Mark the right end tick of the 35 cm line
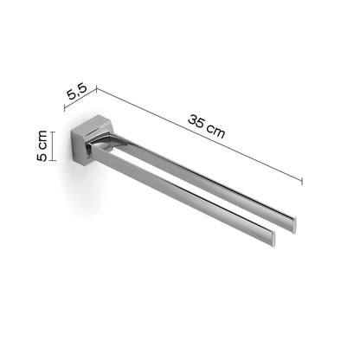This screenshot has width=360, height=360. (302, 180)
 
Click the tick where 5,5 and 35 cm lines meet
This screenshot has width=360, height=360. (96, 87)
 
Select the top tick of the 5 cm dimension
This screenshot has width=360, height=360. (54, 131)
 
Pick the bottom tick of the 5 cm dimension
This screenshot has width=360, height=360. (54, 161)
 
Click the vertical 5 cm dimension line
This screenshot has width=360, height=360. (54, 145)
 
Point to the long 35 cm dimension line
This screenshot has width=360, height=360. (199, 133)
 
